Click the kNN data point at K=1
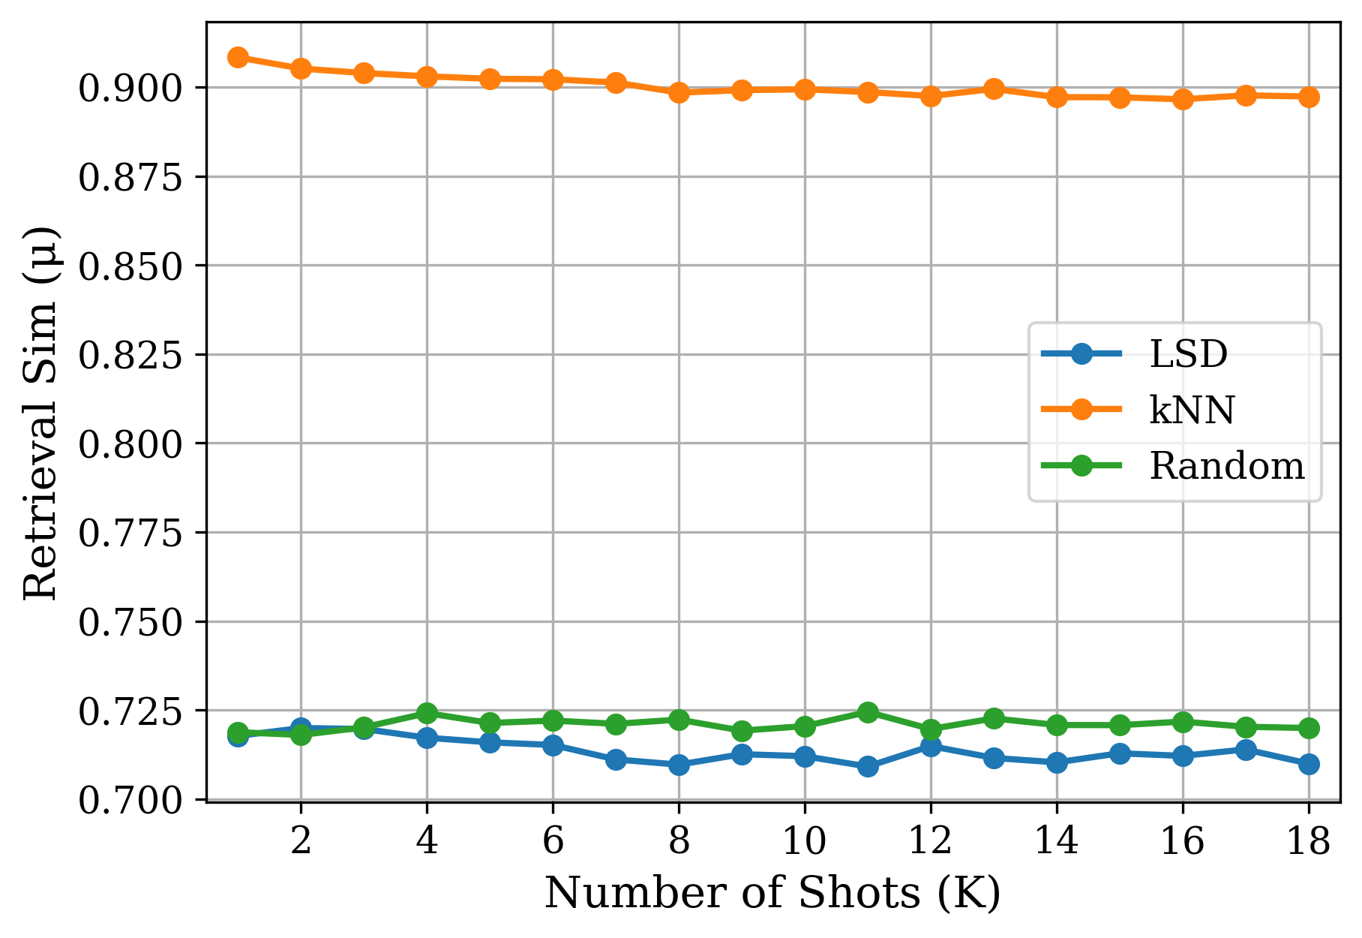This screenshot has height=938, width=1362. point(238,57)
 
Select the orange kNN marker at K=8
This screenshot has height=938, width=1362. point(679,92)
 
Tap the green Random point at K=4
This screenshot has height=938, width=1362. point(427,712)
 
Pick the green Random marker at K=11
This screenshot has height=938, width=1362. point(868,711)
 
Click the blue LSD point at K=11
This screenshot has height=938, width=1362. point(868,766)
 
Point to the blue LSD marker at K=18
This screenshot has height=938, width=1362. point(1309,764)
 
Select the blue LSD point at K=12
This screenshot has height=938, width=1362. point(931,746)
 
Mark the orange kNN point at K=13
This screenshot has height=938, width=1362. point(994,89)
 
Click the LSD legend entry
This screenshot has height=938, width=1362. point(1188,353)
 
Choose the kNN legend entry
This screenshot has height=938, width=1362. point(1192,410)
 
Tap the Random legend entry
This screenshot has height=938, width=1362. point(1226,466)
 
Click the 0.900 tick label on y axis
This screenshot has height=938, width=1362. point(130,89)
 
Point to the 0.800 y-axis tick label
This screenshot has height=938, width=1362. point(130,444)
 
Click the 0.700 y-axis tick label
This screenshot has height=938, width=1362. point(130,801)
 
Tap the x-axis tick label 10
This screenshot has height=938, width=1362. point(805,842)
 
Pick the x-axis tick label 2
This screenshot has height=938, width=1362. point(301,842)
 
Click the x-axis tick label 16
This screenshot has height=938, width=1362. point(1183,842)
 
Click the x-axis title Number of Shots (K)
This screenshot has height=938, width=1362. point(772,894)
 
